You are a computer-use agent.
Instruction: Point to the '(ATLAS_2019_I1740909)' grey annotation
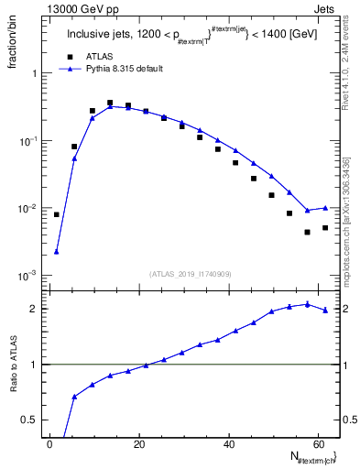(x=191, y=273)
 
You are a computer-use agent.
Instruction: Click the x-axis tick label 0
(x=51, y=445)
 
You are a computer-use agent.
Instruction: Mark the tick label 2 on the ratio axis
(x=35, y=309)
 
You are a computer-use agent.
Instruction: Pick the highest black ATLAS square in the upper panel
(x=110, y=104)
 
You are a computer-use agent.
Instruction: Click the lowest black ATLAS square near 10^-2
(x=307, y=233)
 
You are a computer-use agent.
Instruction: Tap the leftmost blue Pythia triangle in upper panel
(x=57, y=251)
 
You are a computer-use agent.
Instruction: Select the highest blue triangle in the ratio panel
(x=307, y=304)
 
